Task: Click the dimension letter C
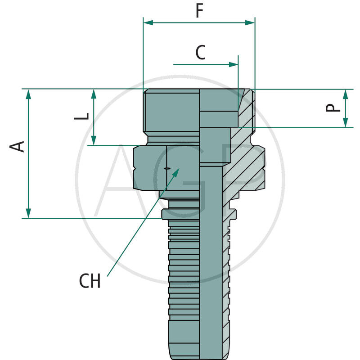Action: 200,53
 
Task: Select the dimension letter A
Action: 18,146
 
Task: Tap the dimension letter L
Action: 81,116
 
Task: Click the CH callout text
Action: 90,282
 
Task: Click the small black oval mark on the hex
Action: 167,168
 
